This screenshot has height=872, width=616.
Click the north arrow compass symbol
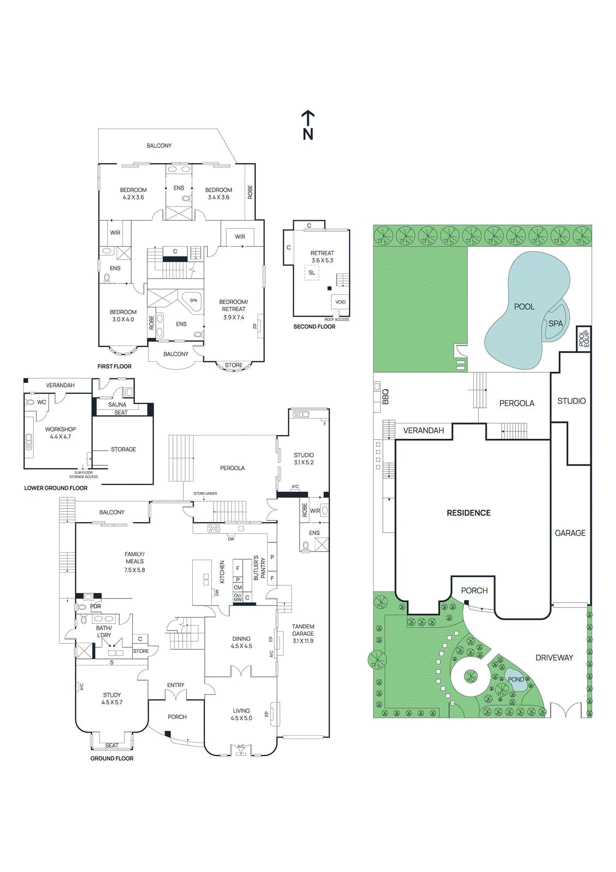click(308, 125)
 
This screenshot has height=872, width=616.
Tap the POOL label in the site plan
click(524, 307)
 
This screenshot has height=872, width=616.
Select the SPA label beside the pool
click(555, 323)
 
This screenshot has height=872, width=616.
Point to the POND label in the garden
click(515, 679)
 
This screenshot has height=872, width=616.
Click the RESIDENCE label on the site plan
click(468, 513)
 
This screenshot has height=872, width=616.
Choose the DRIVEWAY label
click(554, 658)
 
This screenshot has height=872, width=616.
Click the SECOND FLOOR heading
click(314, 326)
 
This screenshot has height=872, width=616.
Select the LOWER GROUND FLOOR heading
click(56, 488)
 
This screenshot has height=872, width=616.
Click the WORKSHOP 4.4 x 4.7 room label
click(60, 433)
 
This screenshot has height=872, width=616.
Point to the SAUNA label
click(117, 404)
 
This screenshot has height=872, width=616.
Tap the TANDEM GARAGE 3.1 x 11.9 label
click(303, 633)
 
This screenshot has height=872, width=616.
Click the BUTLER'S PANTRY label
click(259, 568)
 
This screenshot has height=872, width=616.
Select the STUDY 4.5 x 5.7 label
click(112, 699)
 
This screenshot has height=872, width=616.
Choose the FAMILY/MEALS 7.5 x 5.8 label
click(135, 562)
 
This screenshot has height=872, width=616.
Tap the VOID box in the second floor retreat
click(340, 302)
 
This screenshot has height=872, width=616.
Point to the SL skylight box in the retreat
click(312, 272)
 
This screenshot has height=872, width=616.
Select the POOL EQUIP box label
click(584, 338)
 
